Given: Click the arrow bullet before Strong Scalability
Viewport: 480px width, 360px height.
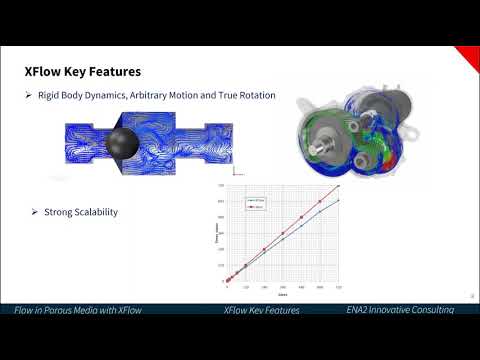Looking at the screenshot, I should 34,212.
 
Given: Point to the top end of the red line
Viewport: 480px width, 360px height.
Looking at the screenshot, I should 340,186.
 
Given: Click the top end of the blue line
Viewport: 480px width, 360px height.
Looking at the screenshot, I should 340,200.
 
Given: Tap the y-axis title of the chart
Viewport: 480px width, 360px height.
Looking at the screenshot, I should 217,240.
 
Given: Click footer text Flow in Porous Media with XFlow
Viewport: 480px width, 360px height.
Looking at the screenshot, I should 78,310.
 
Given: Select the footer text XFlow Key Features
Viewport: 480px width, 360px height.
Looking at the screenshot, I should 262,310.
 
